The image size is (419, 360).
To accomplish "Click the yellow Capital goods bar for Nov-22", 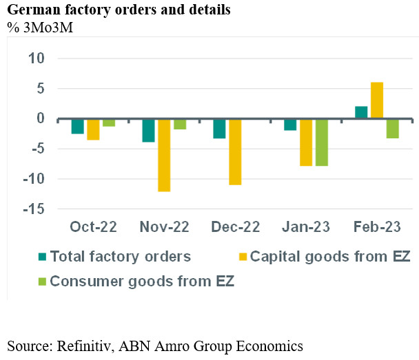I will (x=164, y=155).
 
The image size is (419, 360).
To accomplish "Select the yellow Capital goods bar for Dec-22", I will (x=236, y=151).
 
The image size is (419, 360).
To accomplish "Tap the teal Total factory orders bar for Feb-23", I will (x=361, y=113).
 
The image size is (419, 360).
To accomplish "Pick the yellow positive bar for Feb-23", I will (x=376, y=100).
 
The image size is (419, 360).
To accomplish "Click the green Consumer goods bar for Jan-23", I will (x=321, y=142).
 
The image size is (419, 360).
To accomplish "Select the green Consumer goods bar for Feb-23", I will (x=392, y=129).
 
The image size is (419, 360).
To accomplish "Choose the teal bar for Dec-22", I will (x=219, y=129).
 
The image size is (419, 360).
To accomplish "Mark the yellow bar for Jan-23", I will (x=306, y=142).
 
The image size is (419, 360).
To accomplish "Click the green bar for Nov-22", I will (x=180, y=124).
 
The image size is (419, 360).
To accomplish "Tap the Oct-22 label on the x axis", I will (x=93, y=226).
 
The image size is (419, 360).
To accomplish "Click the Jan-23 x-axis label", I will (x=306, y=226).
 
